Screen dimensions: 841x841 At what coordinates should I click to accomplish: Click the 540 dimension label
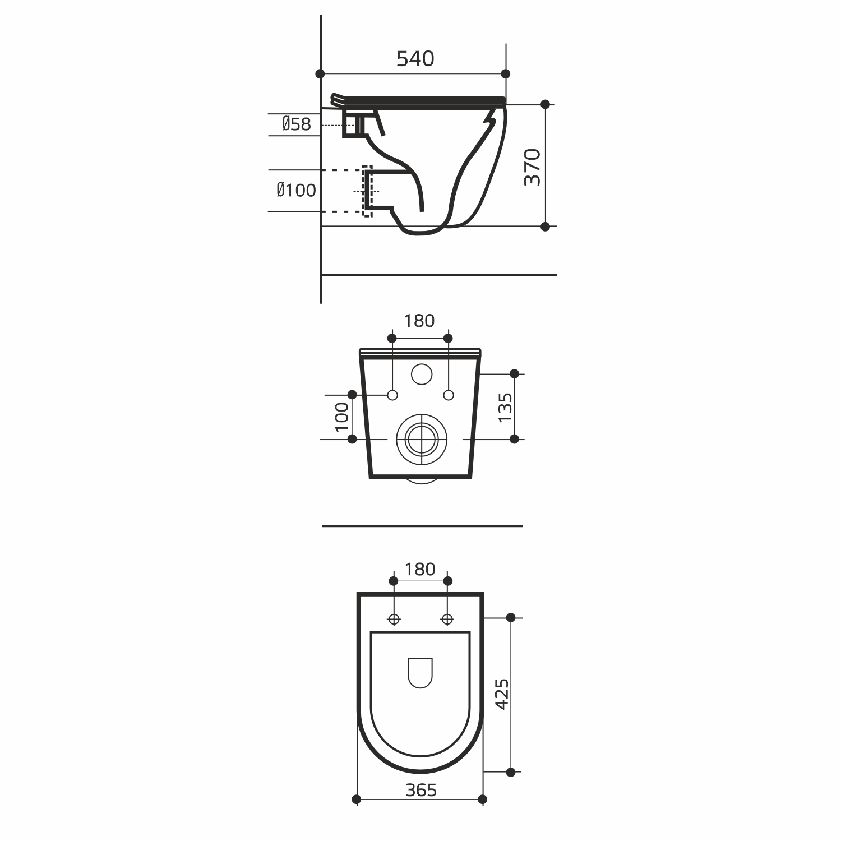[x=415, y=59]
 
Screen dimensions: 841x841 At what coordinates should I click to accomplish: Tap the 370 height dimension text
[x=532, y=167]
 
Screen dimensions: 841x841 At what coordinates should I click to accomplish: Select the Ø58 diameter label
[x=297, y=124]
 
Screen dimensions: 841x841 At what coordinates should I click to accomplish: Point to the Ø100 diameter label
[x=296, y=191]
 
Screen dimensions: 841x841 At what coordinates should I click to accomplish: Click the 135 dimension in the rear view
[x=505, y=407]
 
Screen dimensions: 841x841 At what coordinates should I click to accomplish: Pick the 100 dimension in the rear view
[x=342, y=417]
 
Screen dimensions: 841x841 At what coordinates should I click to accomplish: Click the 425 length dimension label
[x=502, y=694]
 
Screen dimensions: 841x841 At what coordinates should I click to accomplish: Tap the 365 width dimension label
[x=421, y=790]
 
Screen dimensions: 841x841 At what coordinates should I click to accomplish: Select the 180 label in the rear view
[x=419, y=321]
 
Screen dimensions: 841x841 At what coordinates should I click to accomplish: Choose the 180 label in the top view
[x=420, y=569]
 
